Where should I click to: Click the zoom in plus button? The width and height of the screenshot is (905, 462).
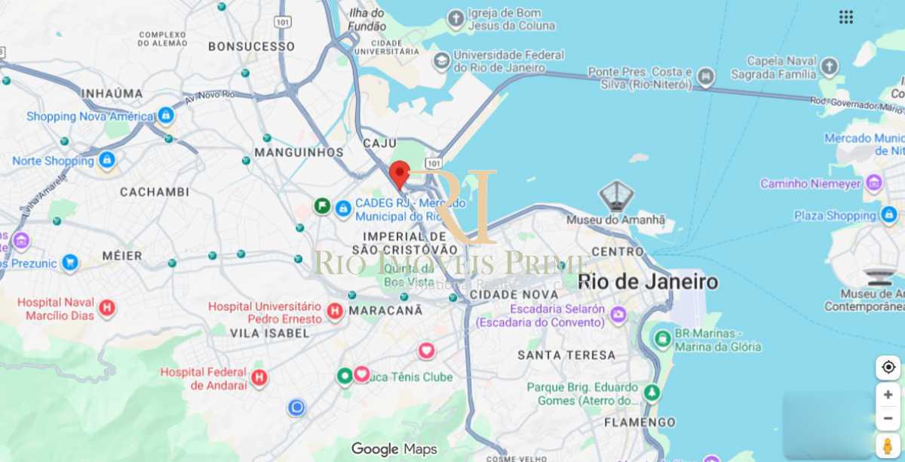tap(888, 395)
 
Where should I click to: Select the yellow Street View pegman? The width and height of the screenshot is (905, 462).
tap(888, 444)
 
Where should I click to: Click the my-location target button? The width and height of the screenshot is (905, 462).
tap(888, 367)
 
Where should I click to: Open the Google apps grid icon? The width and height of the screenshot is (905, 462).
tap(846, 17)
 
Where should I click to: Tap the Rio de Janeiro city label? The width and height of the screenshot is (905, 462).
tap(647, 282)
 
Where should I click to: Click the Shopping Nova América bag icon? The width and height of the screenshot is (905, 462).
tap(165, 115)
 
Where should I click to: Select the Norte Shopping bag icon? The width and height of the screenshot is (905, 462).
tap(107, 160)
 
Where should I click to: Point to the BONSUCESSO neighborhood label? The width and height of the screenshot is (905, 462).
tap(251, 46)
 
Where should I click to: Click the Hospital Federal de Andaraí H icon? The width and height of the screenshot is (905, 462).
tap(259, 378)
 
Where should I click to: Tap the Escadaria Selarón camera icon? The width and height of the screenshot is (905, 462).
tap(618, 314)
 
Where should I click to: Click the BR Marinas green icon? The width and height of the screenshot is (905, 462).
tap(663, 339)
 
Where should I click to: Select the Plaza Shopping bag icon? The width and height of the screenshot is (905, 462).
tap(889, 215)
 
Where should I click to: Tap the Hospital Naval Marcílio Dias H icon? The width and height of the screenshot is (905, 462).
tap(107, 308)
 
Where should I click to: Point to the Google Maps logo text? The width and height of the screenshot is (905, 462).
tap(394, 449)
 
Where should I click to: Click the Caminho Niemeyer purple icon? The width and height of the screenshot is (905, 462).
tap(874, 183)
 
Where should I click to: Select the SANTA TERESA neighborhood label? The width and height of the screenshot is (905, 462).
tap(566, 354)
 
